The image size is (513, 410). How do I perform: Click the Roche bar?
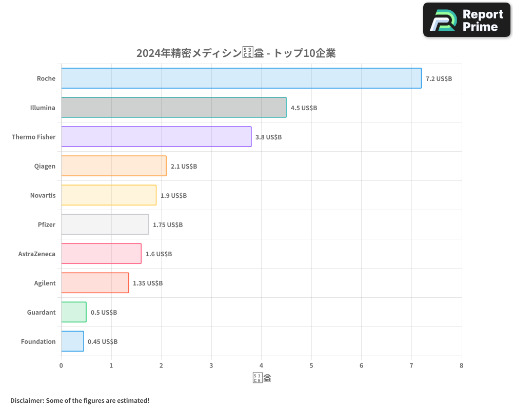[241, 78]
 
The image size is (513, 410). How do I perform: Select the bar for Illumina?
[173, 108]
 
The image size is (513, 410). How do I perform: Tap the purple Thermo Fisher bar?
[156, 137]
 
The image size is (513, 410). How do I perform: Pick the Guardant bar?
[73, 312]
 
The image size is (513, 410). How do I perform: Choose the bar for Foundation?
[72, 341]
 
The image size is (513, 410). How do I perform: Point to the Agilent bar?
[95, 283]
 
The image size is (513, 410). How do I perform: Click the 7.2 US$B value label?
[439, 79]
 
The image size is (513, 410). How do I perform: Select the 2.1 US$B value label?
[184, 167]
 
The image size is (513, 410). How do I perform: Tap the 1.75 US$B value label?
[168, 225]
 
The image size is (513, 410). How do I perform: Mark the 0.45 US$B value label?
[103, 342]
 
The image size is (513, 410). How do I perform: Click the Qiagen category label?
[45, 167]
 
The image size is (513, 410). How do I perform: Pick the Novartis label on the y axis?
[43, 196]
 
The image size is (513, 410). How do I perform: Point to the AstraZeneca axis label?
[37, 254]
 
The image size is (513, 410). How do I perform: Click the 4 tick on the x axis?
[261, 366]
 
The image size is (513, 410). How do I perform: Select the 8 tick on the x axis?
[461, 366]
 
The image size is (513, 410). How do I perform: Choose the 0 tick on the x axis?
[61, 366]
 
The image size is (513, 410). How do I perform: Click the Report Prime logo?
[467, 20]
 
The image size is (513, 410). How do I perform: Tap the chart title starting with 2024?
[236, 53]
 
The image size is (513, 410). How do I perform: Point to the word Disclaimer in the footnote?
[27, 400]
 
